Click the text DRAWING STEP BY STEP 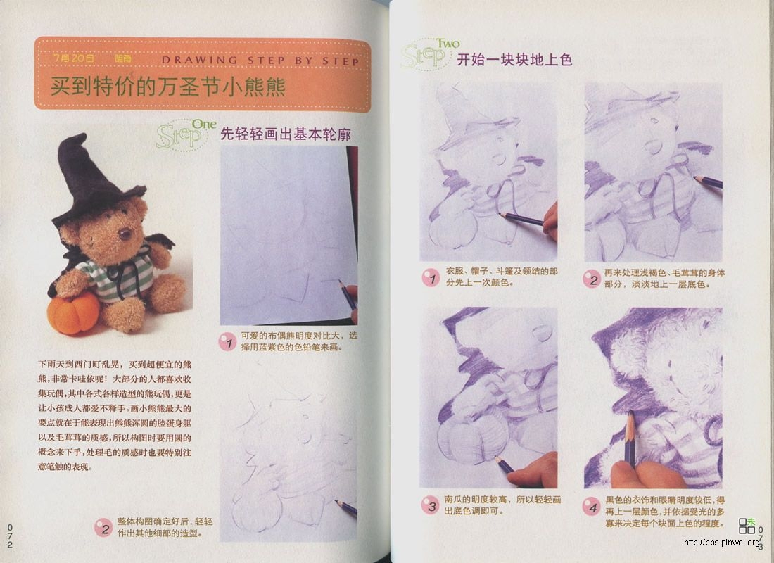260,61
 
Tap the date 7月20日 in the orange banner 73,59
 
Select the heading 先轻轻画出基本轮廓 286,134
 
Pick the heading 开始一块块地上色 514,59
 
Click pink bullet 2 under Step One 103,528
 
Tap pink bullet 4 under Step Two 592,505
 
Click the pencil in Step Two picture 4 630,436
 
